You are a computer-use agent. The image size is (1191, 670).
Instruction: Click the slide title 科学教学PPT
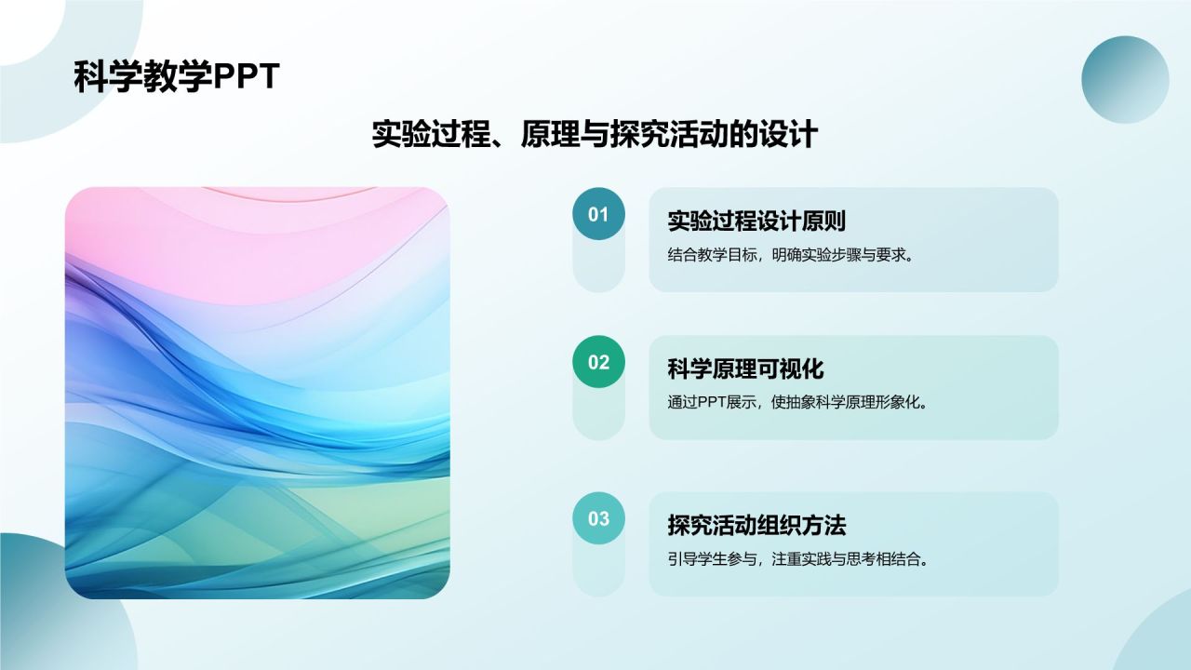coord(177,77)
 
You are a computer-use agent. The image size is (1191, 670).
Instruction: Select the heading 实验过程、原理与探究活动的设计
coord(595,134)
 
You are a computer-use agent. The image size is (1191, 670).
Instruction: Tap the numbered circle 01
coord(598,214)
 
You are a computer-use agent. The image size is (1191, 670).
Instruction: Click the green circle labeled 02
coord(598,362)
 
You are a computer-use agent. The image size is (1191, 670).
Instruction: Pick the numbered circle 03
coord(598,518)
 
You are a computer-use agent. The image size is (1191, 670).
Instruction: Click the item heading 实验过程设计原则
coord(756,221)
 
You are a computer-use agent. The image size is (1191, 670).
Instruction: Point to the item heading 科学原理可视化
coord(745,368)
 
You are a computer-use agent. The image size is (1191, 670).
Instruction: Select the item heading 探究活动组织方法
coord(756,525)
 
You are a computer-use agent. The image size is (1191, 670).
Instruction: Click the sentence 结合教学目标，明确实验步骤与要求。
coord(791,255)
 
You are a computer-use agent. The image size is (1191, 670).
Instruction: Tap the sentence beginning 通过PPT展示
coord(797,403)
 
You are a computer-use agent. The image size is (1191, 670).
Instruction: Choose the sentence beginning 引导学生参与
coord(797,559)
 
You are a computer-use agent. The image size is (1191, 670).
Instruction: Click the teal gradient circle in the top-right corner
coord(1125,80)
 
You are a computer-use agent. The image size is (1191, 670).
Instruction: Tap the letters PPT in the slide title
coord(247,77)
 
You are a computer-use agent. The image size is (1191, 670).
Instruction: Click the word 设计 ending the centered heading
coord(788,134)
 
